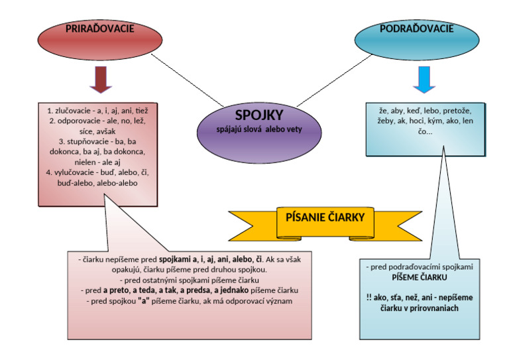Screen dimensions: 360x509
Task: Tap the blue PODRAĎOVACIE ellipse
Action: (x=416, y=39)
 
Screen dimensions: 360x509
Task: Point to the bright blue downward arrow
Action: (x=424, y=79)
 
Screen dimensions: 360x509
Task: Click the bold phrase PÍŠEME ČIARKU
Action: (x=419, y=277)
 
